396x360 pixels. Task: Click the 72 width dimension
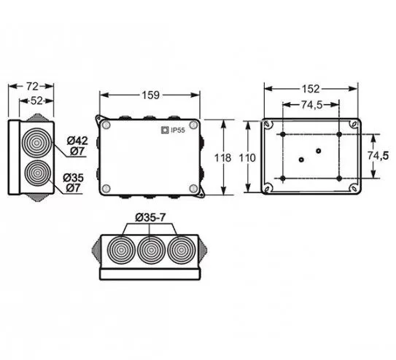pos(32,86)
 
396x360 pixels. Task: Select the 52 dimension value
pos(36,101)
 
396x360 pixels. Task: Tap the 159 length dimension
pos(150,95)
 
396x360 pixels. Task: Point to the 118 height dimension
pos(222,158)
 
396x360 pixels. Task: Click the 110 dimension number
pos(247,158)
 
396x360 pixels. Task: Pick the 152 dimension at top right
pos(311,89)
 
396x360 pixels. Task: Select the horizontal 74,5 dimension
pos(311,105)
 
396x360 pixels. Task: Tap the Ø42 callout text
pos(77,141)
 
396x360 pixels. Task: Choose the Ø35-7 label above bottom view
pos(150,217)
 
